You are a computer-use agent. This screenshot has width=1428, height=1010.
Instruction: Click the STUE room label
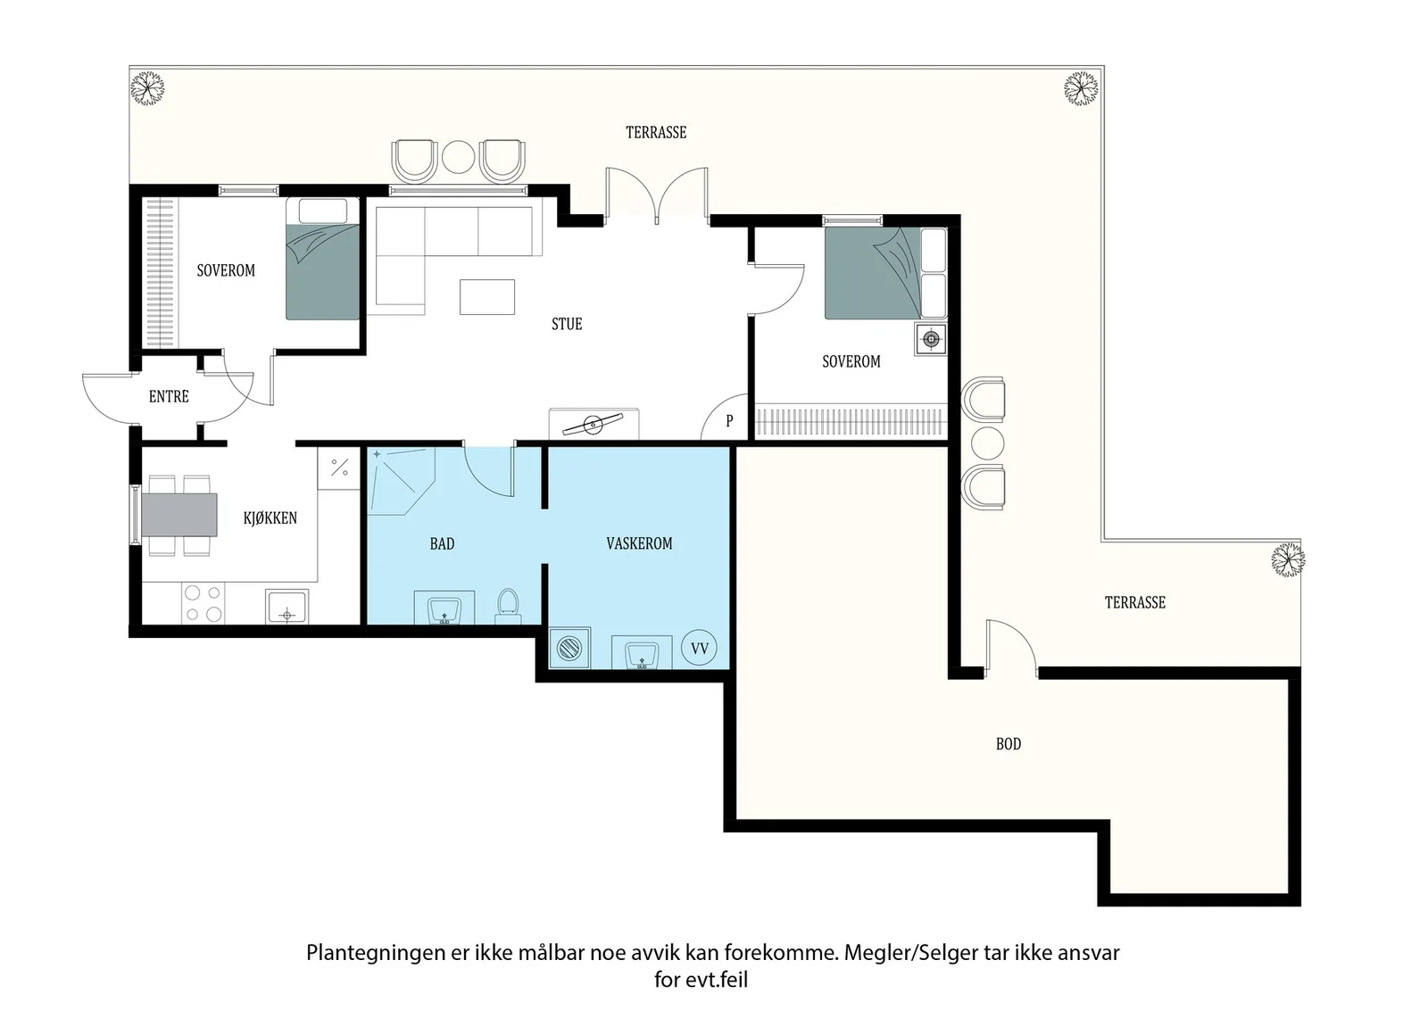(x=567, y=325)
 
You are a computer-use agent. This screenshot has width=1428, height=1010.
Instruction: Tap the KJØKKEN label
(x=270, y=518)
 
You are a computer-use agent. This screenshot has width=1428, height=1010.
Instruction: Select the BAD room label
(x=442, y=544)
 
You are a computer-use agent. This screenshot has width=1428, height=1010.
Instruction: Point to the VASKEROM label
(x=639, y=543)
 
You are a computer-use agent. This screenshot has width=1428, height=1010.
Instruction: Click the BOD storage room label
(x=1009, y=743)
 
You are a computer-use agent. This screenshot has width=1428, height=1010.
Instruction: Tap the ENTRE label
(x=169, y=397)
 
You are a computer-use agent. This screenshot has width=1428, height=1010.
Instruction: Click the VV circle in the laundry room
(x=700, y=648)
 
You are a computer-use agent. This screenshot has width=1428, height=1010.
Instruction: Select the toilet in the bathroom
(x=508, y=606)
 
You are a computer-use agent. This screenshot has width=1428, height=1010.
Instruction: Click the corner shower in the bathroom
(x=402, y=481)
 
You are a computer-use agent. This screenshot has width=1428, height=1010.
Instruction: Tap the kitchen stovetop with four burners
(x=203, y=603)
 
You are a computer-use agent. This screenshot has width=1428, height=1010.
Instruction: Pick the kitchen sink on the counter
(x=286, y=607)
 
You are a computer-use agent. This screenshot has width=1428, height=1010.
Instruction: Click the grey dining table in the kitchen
(x=179, y=515)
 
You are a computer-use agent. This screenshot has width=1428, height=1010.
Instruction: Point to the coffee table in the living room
(x=487, y=297)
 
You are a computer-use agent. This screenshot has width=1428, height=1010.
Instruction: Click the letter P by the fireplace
(x=729, y=420)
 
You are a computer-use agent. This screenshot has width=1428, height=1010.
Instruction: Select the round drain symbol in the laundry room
(x=569, y=649)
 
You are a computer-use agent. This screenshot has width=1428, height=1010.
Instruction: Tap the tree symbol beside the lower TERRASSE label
(x=1287, y=559)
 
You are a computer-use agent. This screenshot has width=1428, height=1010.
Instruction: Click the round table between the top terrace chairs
(x=459, y=157)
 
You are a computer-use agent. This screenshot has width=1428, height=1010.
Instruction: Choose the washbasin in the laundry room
(x=642, y=652)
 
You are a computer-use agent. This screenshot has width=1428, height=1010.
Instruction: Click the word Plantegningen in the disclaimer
(x=376, y=953)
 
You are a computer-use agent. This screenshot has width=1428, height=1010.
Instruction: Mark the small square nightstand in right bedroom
(x=931, y=339)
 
